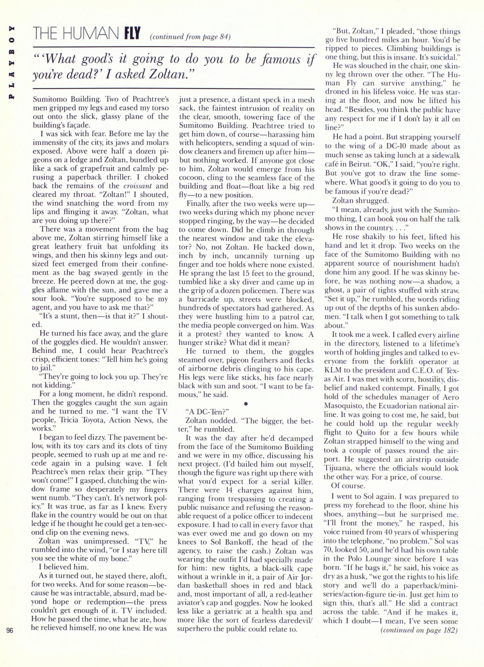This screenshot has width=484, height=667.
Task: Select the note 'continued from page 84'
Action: [x=190, y=37]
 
